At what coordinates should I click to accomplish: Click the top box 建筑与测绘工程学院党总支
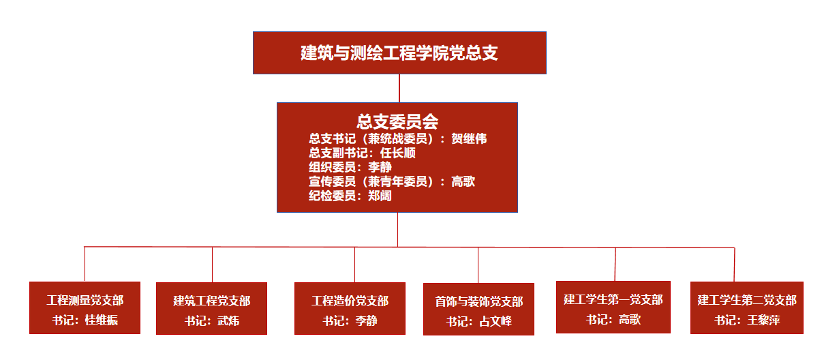point(399,52)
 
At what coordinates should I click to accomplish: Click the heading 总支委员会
point(397,121)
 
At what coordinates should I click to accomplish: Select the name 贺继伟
point(469,139)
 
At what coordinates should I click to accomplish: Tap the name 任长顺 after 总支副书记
point(397,153)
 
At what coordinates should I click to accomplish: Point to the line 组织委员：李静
point(350,167)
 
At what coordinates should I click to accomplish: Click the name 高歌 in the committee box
point(463,181)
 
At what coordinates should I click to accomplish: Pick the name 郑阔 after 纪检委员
point(380,196)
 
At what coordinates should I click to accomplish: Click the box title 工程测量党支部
point(85,301)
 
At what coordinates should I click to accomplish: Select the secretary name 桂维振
point(102,320)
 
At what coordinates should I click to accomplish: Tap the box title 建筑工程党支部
point(212,301)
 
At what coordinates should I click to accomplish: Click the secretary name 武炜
point(228,320)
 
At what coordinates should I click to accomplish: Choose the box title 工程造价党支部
point(350,301)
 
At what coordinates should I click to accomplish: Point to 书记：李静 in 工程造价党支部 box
point(350,320)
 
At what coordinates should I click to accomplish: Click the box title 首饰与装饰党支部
point(479,302)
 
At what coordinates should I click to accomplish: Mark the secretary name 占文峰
point(495,321)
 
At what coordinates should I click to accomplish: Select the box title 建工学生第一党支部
point(613,299)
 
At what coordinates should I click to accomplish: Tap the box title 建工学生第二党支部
point(747,301)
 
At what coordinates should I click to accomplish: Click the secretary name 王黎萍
point(763,320)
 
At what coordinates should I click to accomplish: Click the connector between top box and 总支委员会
point(399,89)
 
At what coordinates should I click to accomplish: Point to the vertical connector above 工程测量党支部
point(85,264)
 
